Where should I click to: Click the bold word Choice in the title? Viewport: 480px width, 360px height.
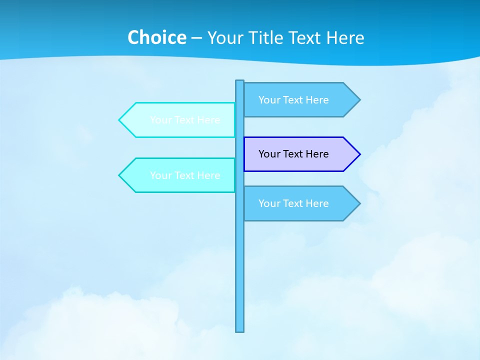(156, 37)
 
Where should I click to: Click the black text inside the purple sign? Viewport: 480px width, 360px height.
(293, 154)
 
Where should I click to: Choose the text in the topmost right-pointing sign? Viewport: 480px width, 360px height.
(293, 100)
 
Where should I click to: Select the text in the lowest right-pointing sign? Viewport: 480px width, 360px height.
(293, 203)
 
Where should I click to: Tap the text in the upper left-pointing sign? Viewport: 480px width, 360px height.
(185, 120)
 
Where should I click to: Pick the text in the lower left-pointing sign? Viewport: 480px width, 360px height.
(185, 175)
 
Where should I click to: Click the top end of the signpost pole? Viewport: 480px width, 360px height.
(240, 81)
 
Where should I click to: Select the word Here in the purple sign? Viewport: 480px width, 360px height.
(317, 154)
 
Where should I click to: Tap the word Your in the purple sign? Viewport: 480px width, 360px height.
(269, 154)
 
